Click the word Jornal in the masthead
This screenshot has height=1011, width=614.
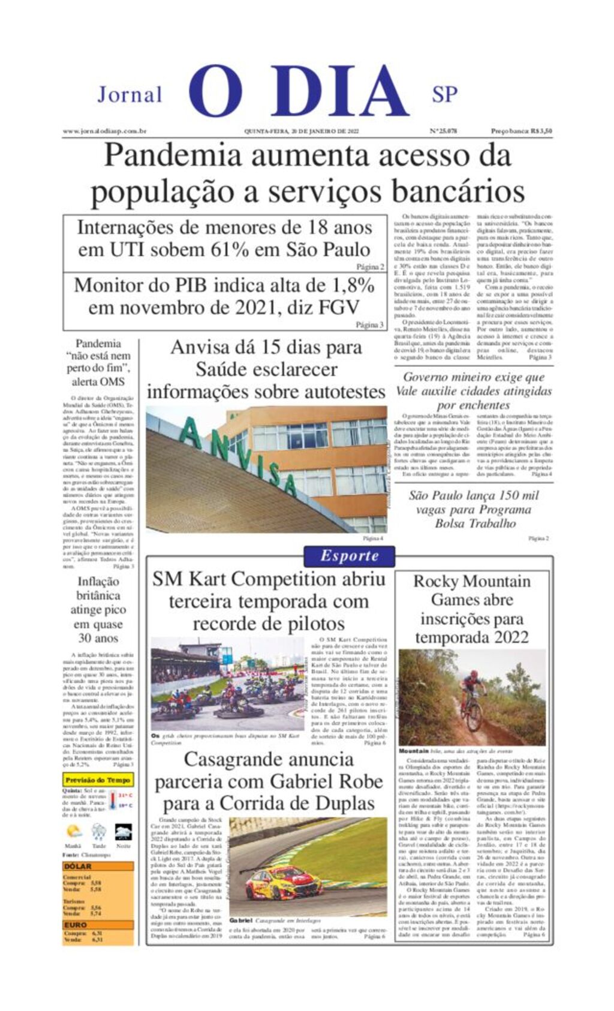pyautogui.click(x=130, y=95)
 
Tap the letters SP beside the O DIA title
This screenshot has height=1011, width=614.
pyautogui.click(x=444, y=94)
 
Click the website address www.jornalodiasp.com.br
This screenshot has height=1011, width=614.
pyautogui.click(x=105, y=131)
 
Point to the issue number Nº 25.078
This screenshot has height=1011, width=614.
pyautogui.click(x=443, y=131)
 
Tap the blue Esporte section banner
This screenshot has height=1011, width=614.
pyautogui.click(x=349, y=556)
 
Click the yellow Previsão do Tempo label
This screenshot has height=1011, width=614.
pyautogui.click(x=98, y=780)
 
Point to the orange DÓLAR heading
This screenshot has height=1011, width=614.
pyautogui.click(x=78, y=866)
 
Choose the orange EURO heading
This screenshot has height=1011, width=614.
pyautogui.click(x=76, y=925)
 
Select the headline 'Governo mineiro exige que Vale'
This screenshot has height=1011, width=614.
pyautogui.click(x=474, y=384)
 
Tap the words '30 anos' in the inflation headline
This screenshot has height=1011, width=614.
pyautogui.click(x=98, y=638)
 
